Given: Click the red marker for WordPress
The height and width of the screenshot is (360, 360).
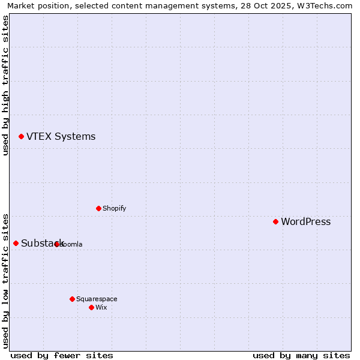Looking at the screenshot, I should [275, 221].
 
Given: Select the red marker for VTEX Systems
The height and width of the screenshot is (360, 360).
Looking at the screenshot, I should [21, 136].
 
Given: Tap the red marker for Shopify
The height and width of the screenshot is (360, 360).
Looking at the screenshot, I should [98, 208].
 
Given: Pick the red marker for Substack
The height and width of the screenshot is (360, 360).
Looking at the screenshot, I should [16, 243].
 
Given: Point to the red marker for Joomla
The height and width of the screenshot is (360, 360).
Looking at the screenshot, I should [56, 244].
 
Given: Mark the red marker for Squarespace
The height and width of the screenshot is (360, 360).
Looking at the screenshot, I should [72, 299].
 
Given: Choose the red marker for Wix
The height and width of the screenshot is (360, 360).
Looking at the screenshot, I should [91, 307].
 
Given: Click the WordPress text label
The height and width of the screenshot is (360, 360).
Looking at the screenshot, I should [305, 221].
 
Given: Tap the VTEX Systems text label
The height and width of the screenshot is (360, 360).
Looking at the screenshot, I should [61, 136].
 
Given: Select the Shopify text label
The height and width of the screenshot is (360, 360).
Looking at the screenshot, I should [114, 208].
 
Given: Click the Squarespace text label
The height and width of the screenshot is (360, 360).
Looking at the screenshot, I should [97, 299].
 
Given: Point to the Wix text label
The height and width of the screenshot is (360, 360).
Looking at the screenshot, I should [101, 307].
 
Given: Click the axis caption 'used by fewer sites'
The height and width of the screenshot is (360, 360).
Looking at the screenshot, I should [62, 355].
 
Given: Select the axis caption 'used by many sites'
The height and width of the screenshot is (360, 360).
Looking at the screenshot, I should [301, 355].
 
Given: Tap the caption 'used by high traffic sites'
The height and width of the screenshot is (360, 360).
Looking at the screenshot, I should [5, 85].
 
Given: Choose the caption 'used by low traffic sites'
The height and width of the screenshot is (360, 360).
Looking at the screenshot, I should [5, 280].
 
